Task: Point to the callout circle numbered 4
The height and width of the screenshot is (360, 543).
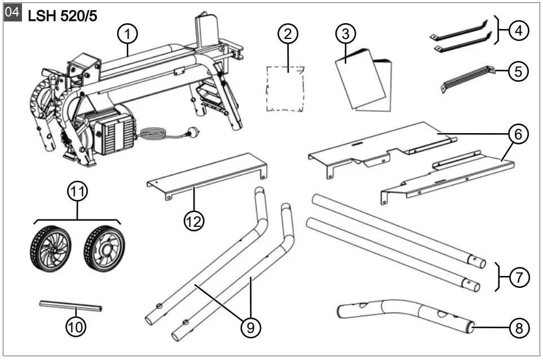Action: pyautogui.click(x=518, y=32)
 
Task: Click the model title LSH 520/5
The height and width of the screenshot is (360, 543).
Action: pyautogui.click(x=62, y=16)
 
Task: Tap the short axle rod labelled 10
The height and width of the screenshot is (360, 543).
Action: pyautogui.click(x=70, y=306)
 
